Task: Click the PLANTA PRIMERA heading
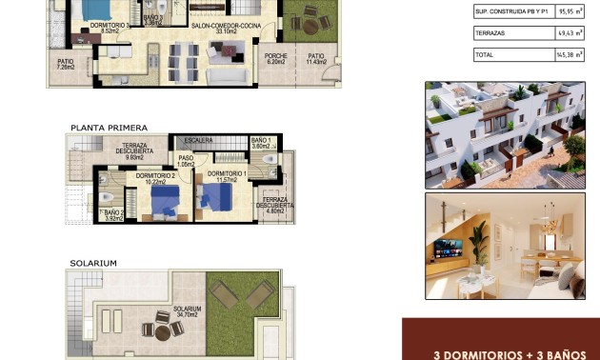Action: point(109,126)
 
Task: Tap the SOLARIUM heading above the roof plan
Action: point(93,262)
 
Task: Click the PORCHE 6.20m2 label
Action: point(276,59)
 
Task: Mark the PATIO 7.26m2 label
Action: point(66,65)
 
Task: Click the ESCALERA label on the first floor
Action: point(199,140)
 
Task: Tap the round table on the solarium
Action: point(162,330)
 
